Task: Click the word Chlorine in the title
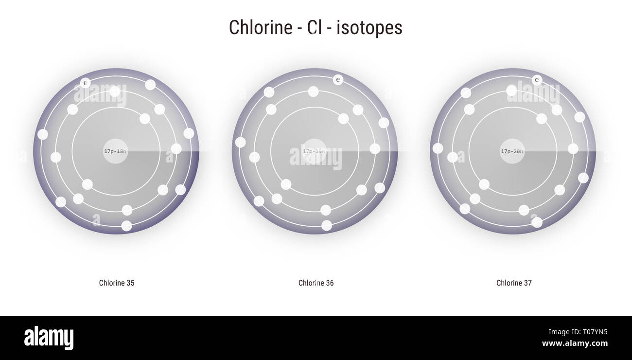(259, 28)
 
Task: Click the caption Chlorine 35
(117, 283)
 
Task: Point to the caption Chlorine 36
(316, 283)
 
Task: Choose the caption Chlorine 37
(514, 283)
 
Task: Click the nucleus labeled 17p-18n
(116, 151)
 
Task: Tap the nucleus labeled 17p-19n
(315, 151)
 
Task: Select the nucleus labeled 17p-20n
(512, 151)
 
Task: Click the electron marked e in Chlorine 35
(86, 83)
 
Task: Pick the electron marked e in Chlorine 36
(338, 80)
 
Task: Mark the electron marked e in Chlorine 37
(537, 80)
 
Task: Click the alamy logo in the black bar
(49, 338)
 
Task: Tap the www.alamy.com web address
(575, 343)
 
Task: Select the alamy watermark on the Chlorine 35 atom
(100, 94)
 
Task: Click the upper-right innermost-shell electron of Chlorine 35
(145, 119)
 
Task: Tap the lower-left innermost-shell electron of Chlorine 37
(484, 184)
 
